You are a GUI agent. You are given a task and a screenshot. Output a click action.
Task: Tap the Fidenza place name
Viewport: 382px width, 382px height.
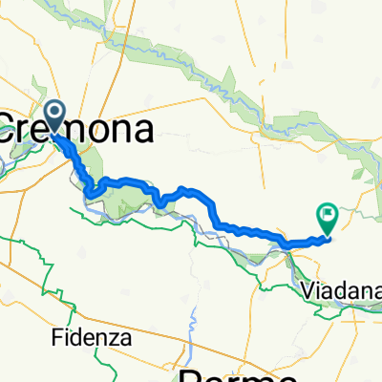point(93,338)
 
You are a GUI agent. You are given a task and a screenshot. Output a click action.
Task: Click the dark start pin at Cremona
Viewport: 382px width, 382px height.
point(55,118)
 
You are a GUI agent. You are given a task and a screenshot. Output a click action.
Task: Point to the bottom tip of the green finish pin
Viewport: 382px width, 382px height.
point(328,235)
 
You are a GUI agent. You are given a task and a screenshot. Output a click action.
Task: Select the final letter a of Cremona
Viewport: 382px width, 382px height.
point(143,132)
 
